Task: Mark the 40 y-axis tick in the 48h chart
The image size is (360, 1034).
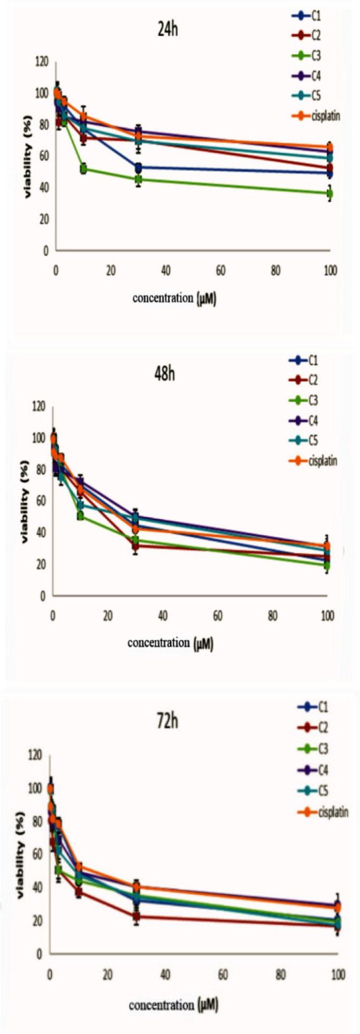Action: click(42, 533)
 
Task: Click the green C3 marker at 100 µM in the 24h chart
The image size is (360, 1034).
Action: click(331, 193)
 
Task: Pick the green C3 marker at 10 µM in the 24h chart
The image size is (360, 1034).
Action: click(84, 169)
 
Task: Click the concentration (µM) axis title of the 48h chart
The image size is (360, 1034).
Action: click(170, 643)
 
